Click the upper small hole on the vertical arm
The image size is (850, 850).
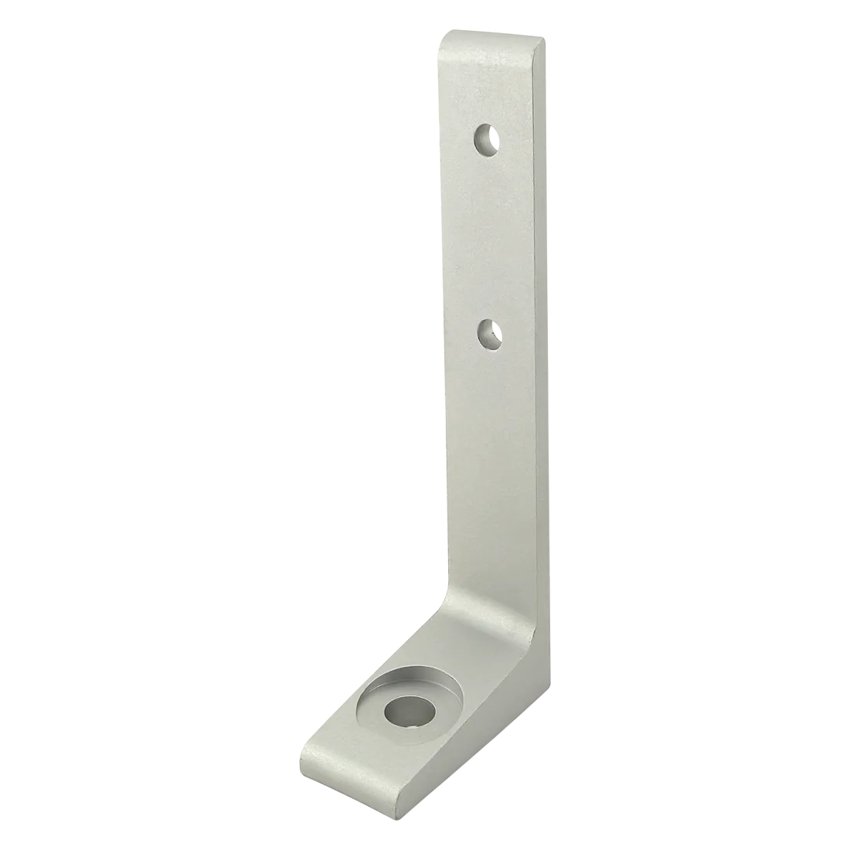487,141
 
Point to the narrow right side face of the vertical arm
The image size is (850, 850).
545,309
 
